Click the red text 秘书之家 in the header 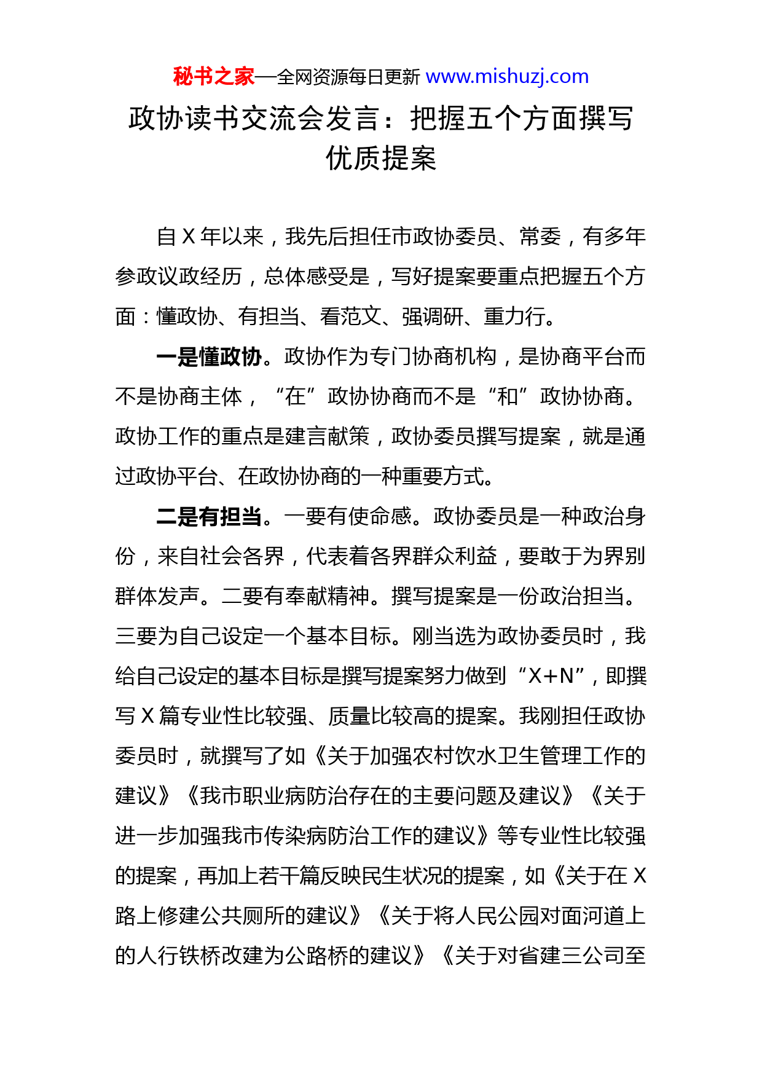(213, 76)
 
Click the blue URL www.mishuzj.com (507, 76)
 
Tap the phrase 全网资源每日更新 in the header (348, 77)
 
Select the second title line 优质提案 (381, 159)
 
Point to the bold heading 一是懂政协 (209, 356)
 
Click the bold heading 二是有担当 (209, 516)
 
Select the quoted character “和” (508, 396)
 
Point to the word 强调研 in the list (433, 317)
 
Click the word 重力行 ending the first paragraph (514, 317)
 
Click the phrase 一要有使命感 (347, 516)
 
